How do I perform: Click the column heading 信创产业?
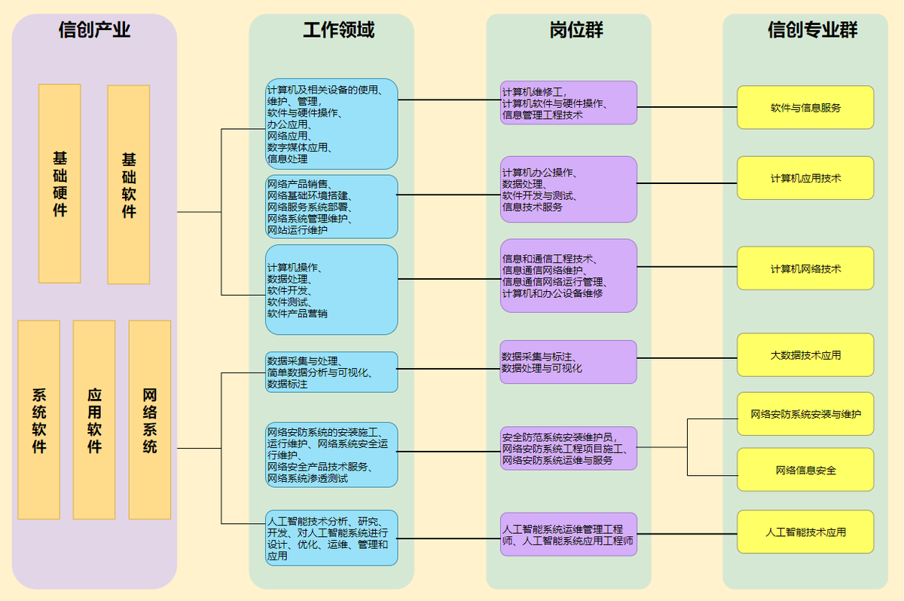[x=94, y=29]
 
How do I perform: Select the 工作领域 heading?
[x=338, y=29]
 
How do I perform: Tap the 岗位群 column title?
[x=576, y=29]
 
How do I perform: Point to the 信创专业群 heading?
[x=812, y=29]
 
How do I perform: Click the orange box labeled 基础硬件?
[x=60, y=183]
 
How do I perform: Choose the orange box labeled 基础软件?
[x=129, y=184]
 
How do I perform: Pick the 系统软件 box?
[x=39, y=419]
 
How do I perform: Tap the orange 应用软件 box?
[x=94, y=419]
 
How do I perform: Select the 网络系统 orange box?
[x=150, y=419]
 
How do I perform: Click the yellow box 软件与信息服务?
[x=805, y=107]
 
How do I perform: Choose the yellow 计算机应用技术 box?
[x=805, y=178]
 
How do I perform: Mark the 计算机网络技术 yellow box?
[x=805, y=268]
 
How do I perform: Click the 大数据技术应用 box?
[x=805, y=354]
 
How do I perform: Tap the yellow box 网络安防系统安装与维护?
[x=805, y=413]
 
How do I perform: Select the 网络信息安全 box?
[x=805, y=470]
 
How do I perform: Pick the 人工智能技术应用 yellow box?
[x=805, y=532]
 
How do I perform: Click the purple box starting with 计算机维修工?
[x=569, y=103]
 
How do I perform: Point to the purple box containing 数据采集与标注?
[x=569, y=362]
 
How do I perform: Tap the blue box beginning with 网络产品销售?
[x=331, y=207]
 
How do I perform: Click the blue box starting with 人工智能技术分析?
[x=331, y=538]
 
